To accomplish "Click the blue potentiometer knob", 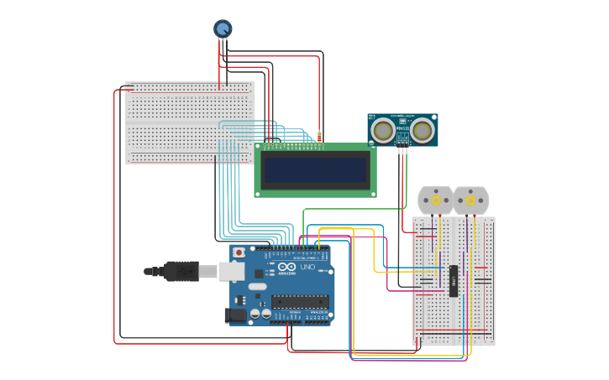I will click(x=223, y=29).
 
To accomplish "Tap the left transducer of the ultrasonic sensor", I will click(x=383, y=130).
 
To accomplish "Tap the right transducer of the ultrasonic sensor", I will click(x=422, y=130).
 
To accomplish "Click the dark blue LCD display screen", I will click(x=316, y=170).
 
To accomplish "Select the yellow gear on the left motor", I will click(x=435, y=200).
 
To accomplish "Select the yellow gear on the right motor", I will click(x=471, y=200).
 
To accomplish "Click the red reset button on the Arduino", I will click(x=239, y=252).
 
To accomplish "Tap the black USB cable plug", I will click(x=181, y=271).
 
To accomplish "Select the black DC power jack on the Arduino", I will click(x=236, y=315).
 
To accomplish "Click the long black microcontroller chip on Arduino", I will click(x=300, y=302).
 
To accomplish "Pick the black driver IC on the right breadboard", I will click(x=454, y=281).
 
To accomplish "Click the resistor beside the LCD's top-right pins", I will click(x=319, y=135).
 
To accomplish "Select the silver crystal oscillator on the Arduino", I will click(x=256, y=285).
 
